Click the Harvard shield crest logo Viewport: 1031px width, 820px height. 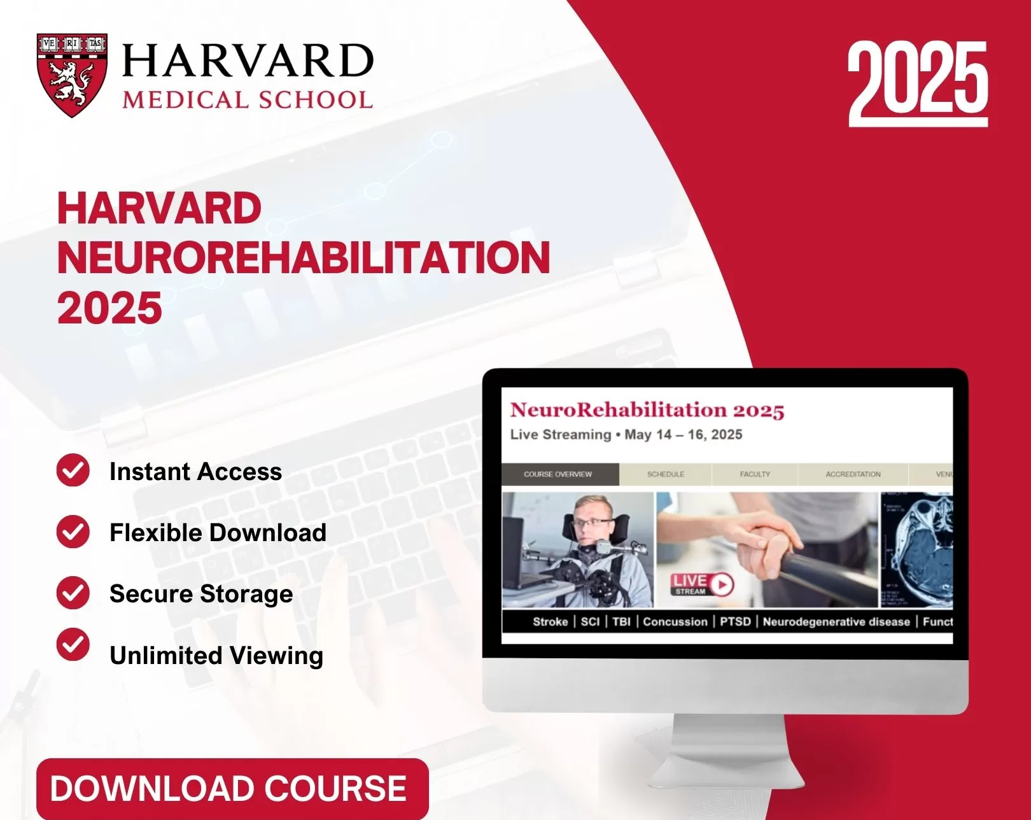point(72,74)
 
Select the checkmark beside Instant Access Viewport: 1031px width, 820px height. point(73,470)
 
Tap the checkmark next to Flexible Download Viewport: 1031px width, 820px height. point(73,532)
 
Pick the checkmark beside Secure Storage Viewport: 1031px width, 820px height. point(73,593)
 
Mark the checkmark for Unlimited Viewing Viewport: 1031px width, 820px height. point(73,644)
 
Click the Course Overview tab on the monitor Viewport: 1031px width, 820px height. point(558,474)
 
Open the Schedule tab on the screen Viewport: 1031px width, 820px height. point(666,474)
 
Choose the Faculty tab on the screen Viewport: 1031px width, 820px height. point(755,474)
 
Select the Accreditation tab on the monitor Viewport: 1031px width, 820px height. point(853,474)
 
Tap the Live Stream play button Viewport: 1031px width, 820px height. point(722,584)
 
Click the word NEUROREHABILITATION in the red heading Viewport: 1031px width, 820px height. point(304,258)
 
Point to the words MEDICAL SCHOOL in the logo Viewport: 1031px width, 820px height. point(247,100)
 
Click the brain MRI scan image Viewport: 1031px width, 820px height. point(918,549)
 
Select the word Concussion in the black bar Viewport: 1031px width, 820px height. point(675,621)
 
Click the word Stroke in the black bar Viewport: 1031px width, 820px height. point(550,621)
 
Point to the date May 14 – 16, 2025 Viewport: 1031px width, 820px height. point(683,435)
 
